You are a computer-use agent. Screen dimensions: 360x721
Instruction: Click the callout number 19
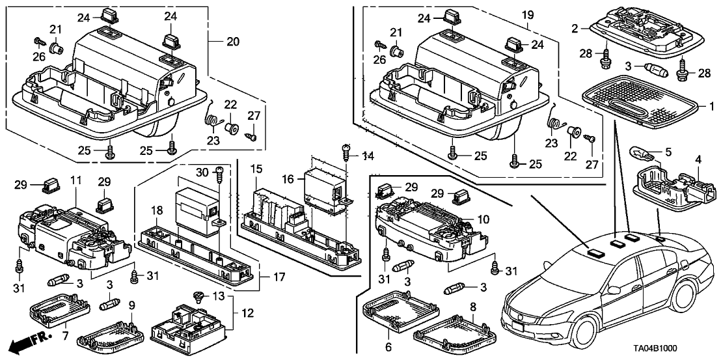(x=527, y=14)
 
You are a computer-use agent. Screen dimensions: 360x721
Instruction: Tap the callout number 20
(x=232, y=42)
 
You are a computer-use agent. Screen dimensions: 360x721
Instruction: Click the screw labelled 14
(x=344, y=151)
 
